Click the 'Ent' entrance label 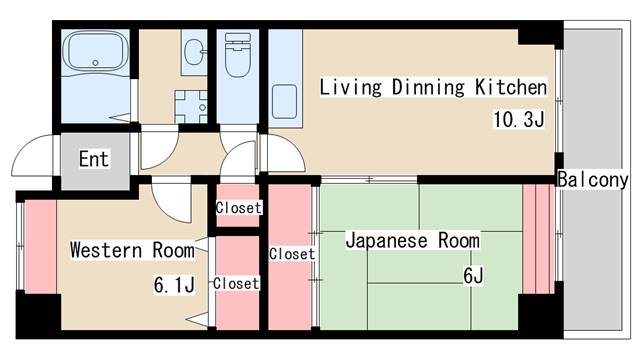[93, 159]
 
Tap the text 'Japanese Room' [412, 241]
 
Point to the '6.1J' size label [173, 285]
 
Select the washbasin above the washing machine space [192, 51]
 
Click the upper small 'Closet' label [238, 208]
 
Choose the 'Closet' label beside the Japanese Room [292, 254]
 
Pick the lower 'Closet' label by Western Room [236, 283]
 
